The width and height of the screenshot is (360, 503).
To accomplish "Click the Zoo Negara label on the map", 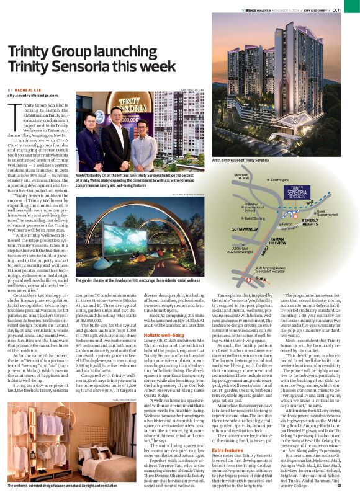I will click(281, 179).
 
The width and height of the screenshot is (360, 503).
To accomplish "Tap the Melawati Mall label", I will click(241, 177).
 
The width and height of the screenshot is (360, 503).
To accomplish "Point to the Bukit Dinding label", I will click(255, 219).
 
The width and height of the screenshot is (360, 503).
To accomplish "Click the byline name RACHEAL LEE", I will click(28, 90).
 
